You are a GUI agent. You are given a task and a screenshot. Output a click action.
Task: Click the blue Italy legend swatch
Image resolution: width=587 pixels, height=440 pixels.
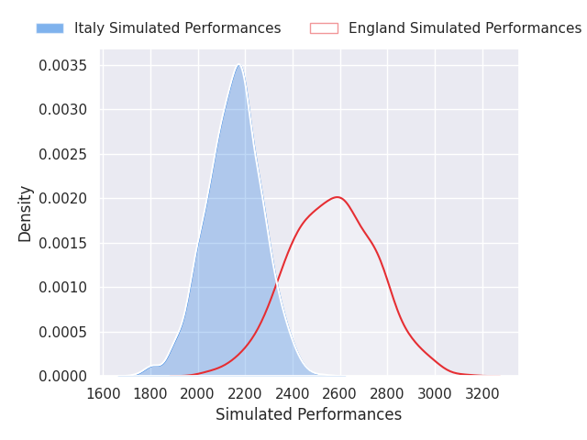pyautogui.click(x=50, y=28)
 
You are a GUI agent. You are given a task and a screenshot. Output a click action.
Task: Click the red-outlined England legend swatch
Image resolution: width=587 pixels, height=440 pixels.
pyautogui.click(x=324, y=28)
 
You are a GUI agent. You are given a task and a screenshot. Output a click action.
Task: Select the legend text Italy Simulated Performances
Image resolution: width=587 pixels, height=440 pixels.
pyautogui.click(x=177, y=28)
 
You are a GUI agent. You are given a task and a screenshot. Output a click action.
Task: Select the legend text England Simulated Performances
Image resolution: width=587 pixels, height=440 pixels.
pyautogui.click(x=465, y=28)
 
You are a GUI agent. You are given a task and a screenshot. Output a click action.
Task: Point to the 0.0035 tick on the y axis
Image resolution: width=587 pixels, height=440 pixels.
pyautogui.click(x=63, y=65)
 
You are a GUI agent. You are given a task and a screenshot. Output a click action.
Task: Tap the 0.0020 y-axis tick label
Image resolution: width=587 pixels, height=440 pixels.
pyautogui.click(x=63, y=198)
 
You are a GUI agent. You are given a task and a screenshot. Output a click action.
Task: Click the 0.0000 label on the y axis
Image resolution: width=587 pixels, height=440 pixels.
pyautogui.click(x=63, y=376)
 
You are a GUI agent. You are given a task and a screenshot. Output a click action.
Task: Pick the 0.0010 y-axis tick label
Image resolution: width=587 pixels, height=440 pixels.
pyautogui.click(x=63, y=287)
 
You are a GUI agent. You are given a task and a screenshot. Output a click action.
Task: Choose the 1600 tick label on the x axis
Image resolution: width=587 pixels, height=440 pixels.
pyautogui.click(x=104, y=393)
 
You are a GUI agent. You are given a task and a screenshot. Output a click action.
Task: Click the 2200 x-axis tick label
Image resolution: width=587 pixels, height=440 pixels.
pyautogui.click(x=245, y=393)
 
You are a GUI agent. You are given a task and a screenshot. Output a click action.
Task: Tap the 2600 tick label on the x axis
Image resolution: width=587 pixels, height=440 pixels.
pyautogui.click(x=340, y=393)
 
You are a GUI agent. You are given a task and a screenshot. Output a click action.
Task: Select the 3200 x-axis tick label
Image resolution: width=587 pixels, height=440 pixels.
pyautogui.click(x=482, y=393)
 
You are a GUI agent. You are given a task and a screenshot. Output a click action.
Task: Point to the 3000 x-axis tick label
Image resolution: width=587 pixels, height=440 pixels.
pyautogui.click(x=435, y=393)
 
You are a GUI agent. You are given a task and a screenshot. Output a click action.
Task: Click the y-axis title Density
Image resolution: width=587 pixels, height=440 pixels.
pyautogui.click(x=25, y=214)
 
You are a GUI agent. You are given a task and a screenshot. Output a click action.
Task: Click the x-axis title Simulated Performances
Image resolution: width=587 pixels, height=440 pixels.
pyautogui.click(x=308, y=414)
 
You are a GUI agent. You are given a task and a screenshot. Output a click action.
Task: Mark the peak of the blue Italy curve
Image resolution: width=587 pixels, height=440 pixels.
pyautogui.click(x=238, y=65)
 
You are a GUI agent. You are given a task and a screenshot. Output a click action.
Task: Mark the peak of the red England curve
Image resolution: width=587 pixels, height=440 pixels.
pyautogui.click(x=338, y=197)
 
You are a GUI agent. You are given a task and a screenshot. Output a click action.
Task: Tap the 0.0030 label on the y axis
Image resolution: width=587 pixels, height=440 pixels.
pyautogui.click(x=63, y=110)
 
